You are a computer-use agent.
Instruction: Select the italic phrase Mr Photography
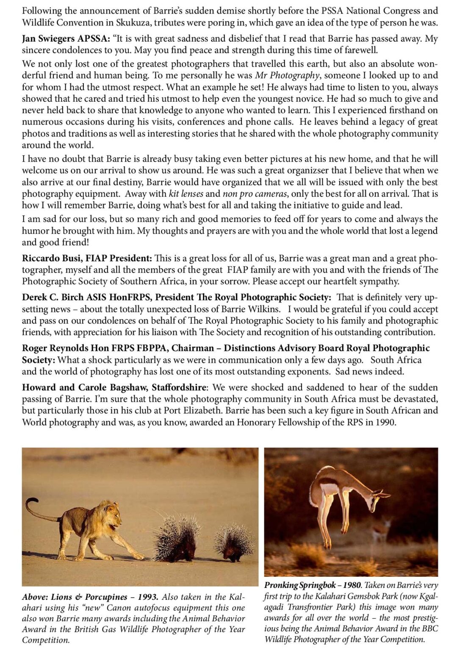[287, 75]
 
